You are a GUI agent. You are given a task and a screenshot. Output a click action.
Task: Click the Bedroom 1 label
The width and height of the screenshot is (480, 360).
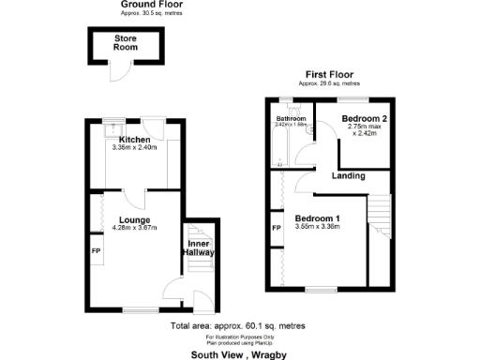coord(317,218)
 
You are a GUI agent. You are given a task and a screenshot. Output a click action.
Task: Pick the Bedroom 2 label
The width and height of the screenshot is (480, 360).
coord(364,118)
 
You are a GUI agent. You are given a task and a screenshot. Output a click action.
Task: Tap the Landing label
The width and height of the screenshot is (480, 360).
coord(348,175)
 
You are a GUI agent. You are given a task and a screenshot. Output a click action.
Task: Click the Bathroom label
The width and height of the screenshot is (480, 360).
coord(291,119)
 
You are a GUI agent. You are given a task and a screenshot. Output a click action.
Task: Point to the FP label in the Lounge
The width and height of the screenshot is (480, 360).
coord(97,251)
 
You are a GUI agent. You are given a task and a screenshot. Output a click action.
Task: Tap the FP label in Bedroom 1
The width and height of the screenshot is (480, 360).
coord(277,228)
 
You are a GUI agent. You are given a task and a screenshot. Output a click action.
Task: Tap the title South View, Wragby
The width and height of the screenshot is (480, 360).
coord(239,354)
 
